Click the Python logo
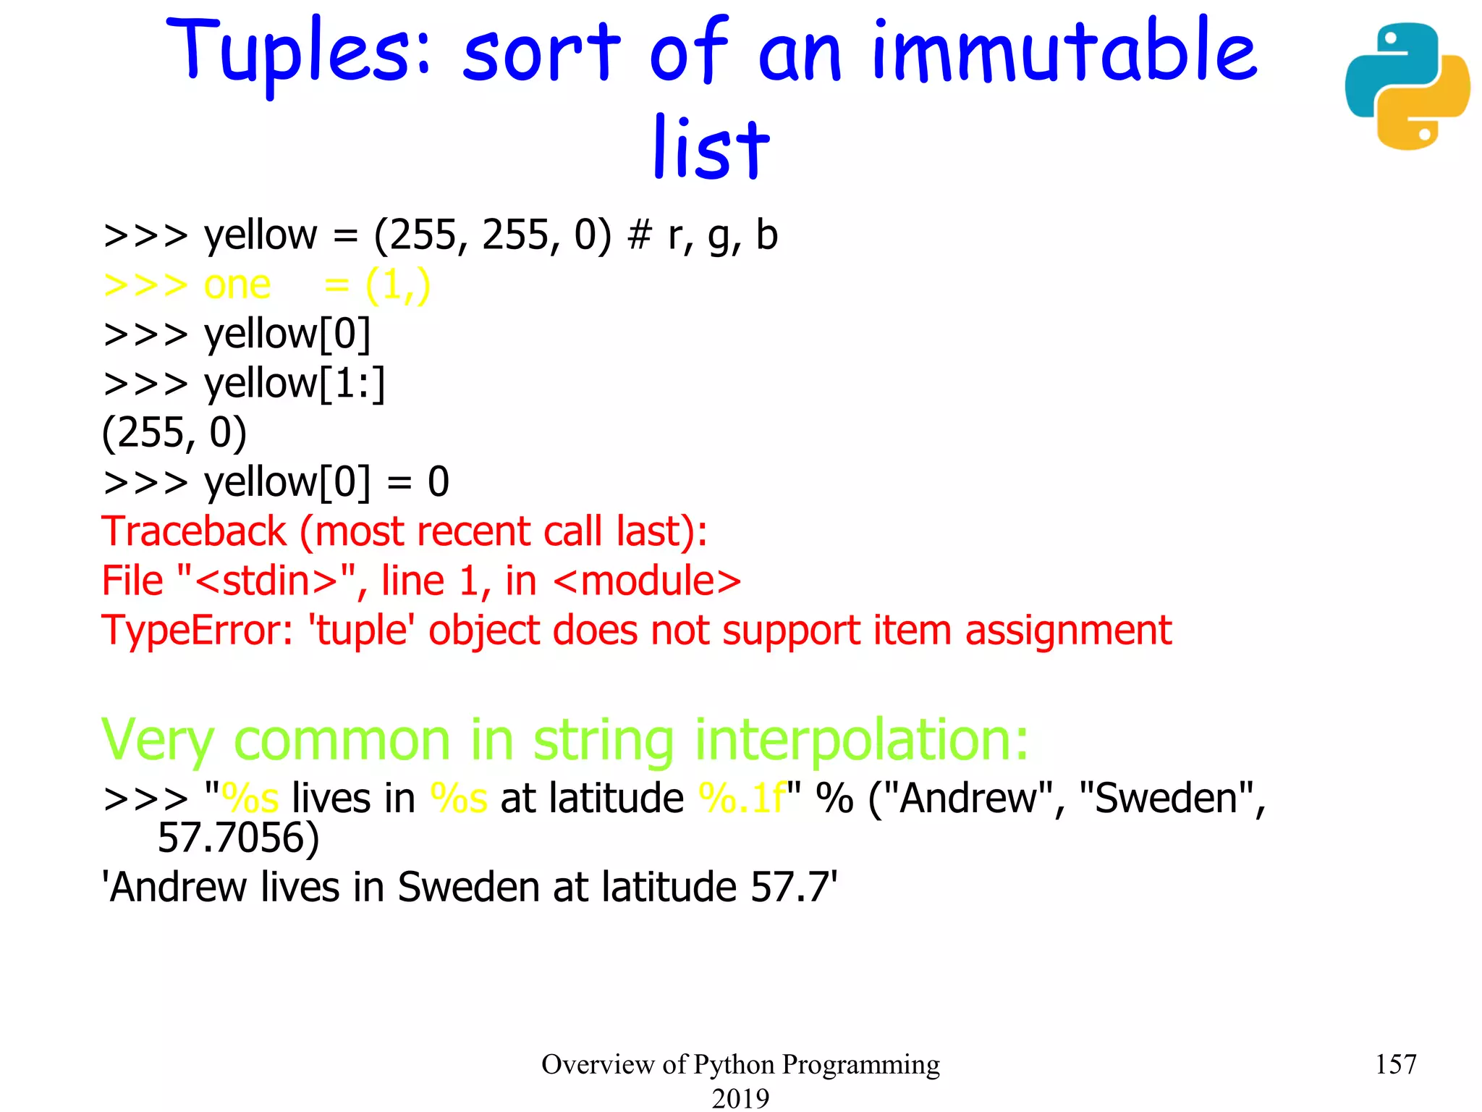(x=1407, y=86)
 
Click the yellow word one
(x=237, y=285)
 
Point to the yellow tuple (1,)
(x=398, y=285)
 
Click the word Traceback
(x=194, y=531)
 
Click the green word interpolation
(x=860, y=740)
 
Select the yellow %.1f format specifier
(x=742, y=799)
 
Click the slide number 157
(x=1395, y=1064)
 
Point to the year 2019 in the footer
(x=740, y=1098)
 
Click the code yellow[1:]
(x=295, y=383)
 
